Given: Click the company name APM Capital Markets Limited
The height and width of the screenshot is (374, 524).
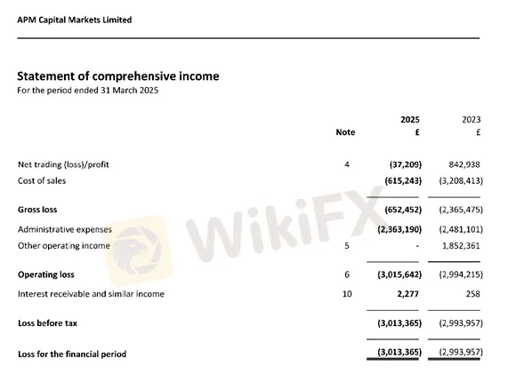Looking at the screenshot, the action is (75, 20).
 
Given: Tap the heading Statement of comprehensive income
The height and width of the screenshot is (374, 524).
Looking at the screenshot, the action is (118, 76).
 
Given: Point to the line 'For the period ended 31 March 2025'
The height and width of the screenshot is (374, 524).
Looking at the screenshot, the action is (88, 91).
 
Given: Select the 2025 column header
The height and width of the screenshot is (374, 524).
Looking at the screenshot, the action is (409, 119).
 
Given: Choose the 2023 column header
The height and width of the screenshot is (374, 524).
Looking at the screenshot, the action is (471, 119).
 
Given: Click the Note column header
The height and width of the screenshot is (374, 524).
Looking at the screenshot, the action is (345, 132).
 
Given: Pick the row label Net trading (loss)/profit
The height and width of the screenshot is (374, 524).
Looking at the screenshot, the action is (63, 164).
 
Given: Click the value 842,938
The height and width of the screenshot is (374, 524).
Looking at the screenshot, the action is (464, 164).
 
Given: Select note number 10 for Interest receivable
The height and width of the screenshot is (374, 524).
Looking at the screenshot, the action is (346, 293).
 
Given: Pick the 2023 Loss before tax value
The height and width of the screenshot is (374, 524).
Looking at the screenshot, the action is (460, 324).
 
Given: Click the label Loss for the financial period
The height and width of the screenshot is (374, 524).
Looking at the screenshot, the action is (72, 354).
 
